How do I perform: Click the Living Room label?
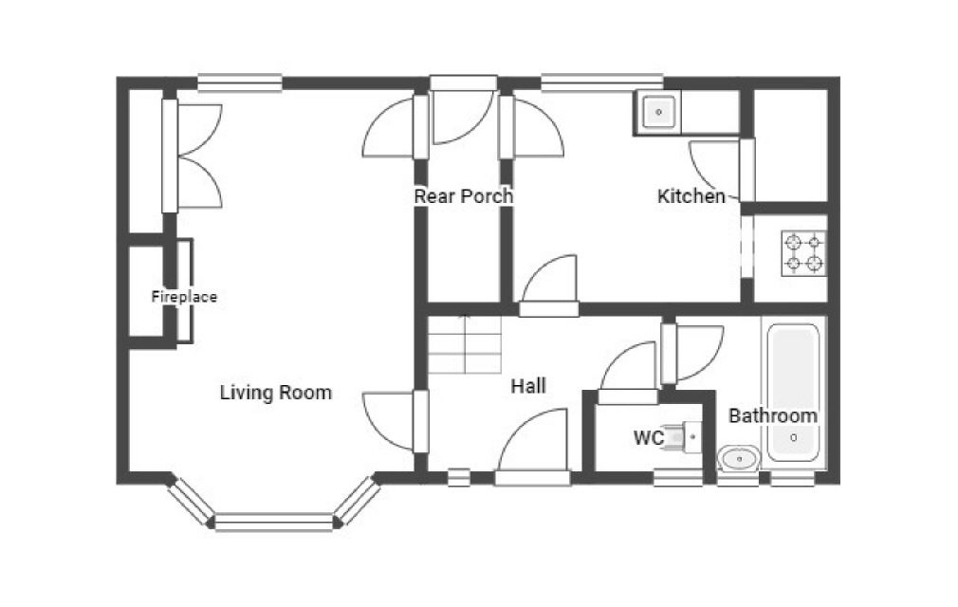[x=276, y=392]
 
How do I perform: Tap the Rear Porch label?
[x=463, y=196]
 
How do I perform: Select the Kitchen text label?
[x=691, y=196]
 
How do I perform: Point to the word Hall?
[x=528, y=386]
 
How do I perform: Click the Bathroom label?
[x=773, y=415]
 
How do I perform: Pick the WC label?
[x=648, y=438]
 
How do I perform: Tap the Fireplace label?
[x=184, y=297]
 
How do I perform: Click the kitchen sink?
[x=658, y=112]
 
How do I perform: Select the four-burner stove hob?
[x=803, y=253]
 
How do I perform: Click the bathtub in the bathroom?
[x=793, y=393]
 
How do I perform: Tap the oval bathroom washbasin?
[x=739, y=458]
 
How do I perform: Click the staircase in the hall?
[x=465, y=344]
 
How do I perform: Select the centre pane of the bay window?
[x=274, y=523]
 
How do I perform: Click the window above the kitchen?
[x=601, y=83]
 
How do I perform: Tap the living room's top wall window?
[x=239, y=83]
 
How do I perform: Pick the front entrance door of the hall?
[x=532, y=446]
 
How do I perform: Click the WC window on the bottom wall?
[x=678, y=478]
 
